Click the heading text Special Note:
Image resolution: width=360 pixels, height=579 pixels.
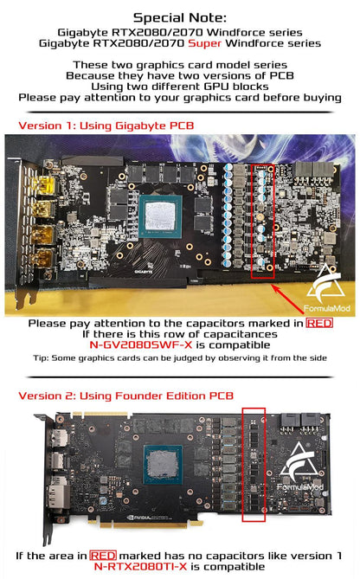pyautogui.click(x=180, y=17)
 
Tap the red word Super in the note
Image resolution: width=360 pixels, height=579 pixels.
pyautogui.click(x=204, y=43)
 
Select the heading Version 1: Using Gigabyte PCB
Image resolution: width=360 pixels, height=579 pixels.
pyautogui.click(x=106, y=125)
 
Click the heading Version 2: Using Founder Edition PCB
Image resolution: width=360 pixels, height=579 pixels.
pyautogui.click(x=125, y=396)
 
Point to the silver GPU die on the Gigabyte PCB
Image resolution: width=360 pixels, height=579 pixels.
pyautogui.click(x=160, y=216)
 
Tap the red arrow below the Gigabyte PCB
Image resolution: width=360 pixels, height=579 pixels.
pyautogui.click(x=288, y=299)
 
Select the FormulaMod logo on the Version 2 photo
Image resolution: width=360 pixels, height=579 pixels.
pyautogui.click(x=301, y=466)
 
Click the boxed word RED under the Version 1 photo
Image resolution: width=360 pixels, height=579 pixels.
pyautogui.click(x=319, y=323)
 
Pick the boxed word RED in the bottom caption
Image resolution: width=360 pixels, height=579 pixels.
pyautogui.click(x=103, y=556)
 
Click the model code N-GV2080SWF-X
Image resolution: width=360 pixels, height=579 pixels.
pyautogui.click(x=141, y=344)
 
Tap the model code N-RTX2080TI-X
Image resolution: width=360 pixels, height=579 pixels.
pyautogui.click(x=141, y=566)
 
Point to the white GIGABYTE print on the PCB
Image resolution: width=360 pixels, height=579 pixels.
pyautogui.click(x=144, y=272)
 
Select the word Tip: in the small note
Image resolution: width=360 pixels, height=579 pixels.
pyautogui.click(x=41, y=357)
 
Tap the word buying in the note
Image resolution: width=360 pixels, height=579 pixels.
pyautogui.click(x=322, y=98)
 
